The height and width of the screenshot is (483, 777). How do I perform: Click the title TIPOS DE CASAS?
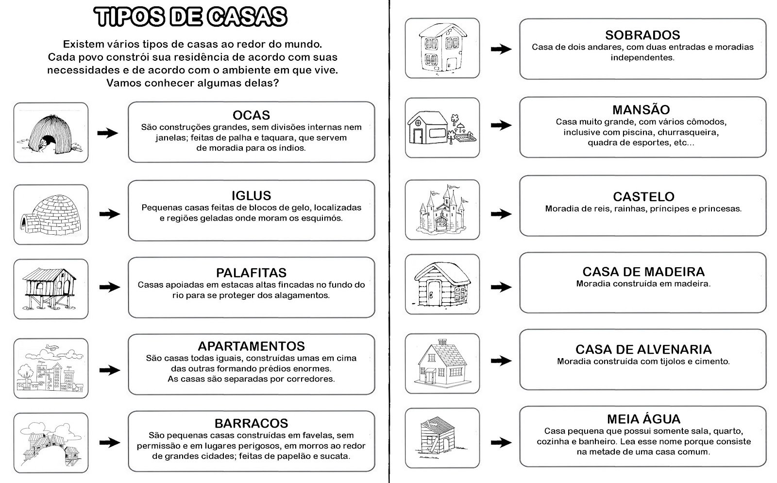(190, 17)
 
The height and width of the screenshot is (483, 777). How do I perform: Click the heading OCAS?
(251, 115)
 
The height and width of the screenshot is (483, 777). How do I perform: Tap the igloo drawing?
(51, 214)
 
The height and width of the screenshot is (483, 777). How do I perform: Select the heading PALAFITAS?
(251, 273)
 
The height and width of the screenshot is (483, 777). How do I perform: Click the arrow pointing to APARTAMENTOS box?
(110, 370)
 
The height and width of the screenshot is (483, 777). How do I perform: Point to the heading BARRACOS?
(251, 423)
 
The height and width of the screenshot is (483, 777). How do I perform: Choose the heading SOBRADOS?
(643, 35)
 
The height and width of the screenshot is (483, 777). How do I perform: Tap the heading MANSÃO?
(641, 110)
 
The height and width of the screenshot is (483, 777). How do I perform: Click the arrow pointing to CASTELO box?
(501, 214)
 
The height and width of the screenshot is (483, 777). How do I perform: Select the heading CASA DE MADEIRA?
(643, 272)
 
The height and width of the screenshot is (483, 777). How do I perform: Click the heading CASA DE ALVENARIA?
(643, 349)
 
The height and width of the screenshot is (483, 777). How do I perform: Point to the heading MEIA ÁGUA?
(643, 419)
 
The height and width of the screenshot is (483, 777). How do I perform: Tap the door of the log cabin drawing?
(434, 293)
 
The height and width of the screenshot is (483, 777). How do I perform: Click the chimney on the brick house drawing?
(442, 342)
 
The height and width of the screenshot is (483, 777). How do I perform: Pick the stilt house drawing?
(49, 288)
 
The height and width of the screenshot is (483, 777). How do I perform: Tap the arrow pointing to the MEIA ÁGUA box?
(501, 442)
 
